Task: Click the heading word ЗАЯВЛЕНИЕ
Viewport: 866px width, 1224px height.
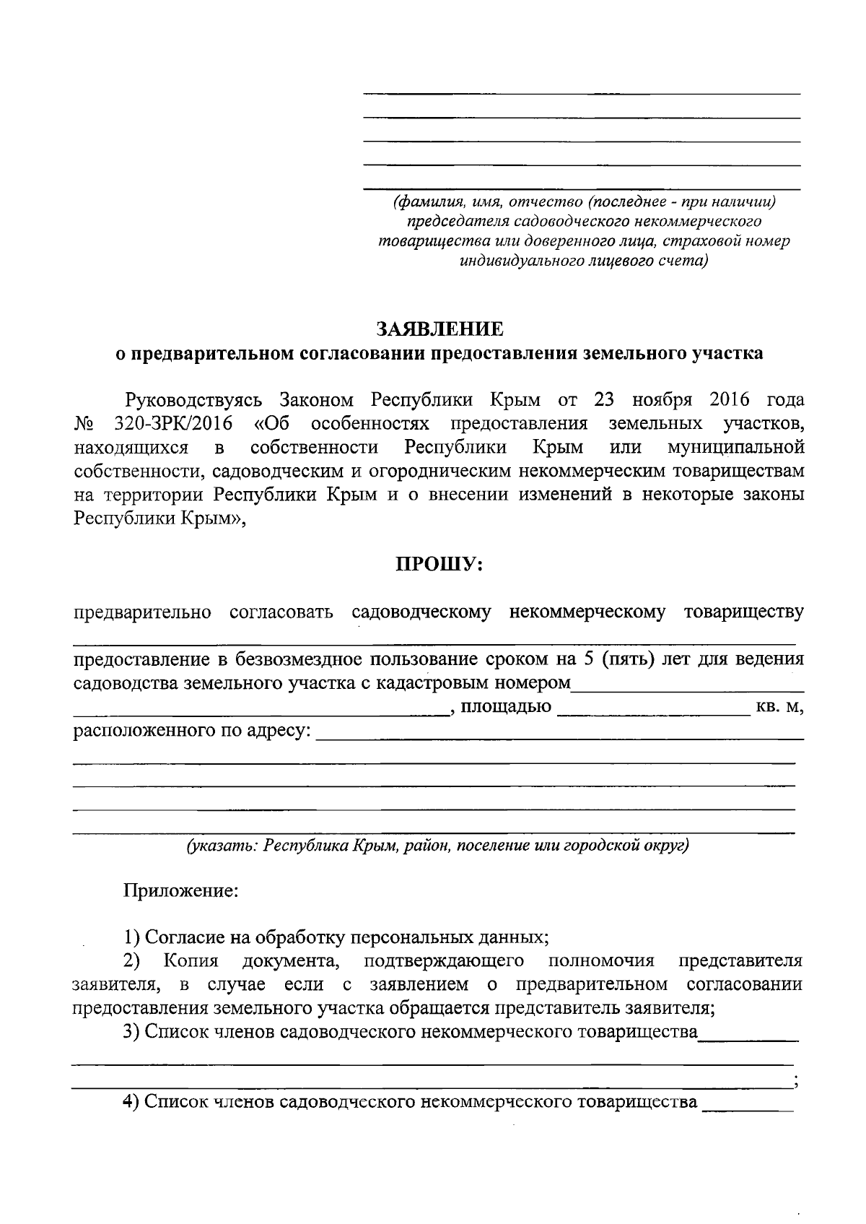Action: click(439, 329)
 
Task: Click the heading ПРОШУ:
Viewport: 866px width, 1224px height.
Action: click(439, 564)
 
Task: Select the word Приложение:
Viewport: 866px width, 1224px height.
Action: click(181, 890)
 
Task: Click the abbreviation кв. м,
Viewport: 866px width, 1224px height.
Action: click(779, 707)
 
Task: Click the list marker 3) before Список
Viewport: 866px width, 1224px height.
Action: click(131, 1032)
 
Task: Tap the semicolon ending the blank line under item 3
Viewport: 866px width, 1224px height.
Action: click(795, 1082)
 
